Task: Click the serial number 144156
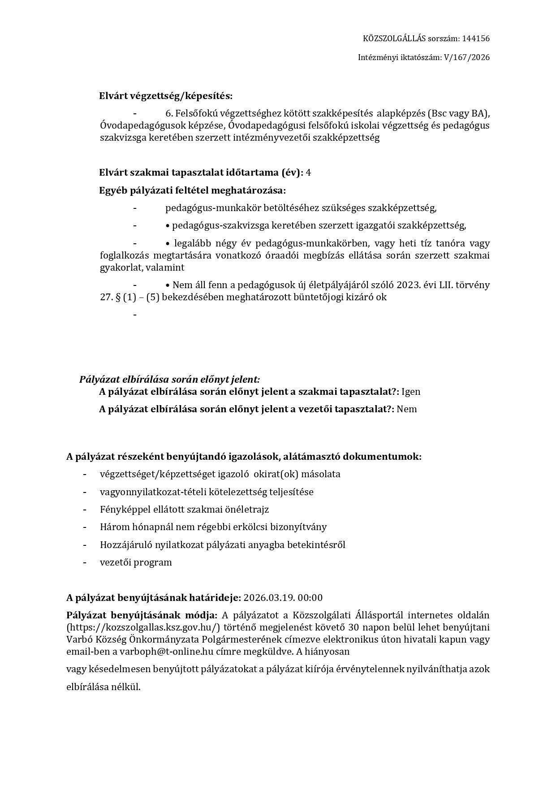click(x=475, y=39)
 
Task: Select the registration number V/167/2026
click(x=466, y=57)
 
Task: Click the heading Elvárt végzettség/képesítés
click(x=166, y=96)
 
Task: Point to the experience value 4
click(x=308, y=173)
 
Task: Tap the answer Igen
click(x=411, y=392)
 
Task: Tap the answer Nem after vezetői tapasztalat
click(x=407, y=409)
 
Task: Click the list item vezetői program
click(x=136, y=562)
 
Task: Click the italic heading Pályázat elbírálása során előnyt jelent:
click(x=169, y=380)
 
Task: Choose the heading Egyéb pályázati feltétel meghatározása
click(x=192, y=190)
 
